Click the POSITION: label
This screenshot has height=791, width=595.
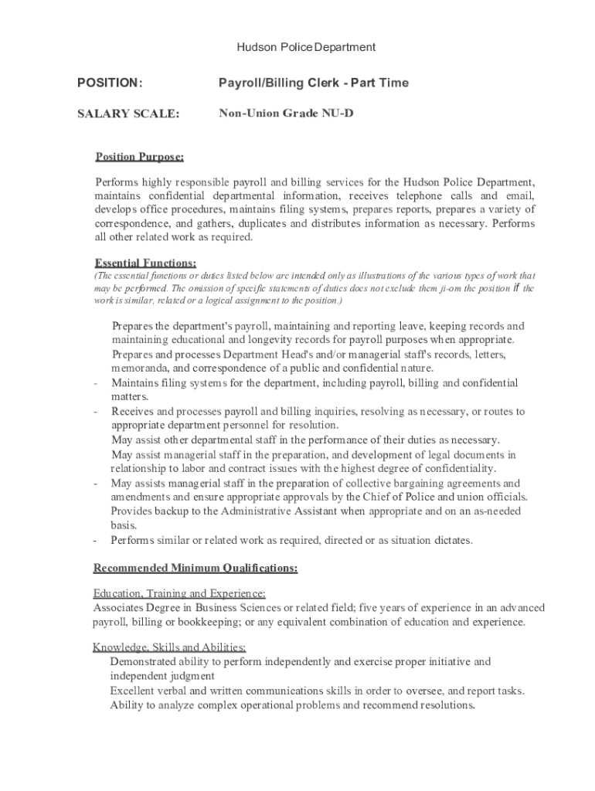pos(110,83)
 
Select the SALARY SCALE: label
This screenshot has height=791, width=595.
pos(128,114)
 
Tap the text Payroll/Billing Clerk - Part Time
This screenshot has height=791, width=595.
pos(313,83)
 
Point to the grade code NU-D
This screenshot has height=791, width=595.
pos(338,114)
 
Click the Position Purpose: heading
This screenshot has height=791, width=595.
pos(139,158)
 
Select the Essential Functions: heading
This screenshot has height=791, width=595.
pos(145,262)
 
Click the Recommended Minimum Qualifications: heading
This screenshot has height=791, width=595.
pos(195,569)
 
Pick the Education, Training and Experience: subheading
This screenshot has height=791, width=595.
pos(179,593)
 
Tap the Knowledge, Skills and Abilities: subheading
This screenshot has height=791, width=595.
pos(169,647)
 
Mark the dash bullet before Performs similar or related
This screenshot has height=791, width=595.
pos(95,541)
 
